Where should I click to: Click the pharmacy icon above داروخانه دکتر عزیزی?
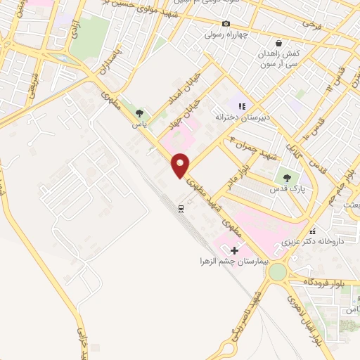tap(313, 231)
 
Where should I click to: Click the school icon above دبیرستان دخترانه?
tap(242, 106)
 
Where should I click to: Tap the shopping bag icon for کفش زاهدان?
tap(279, 43)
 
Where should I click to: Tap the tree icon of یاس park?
tap(140, 112)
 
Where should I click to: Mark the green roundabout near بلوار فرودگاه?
tap(278, 271)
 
